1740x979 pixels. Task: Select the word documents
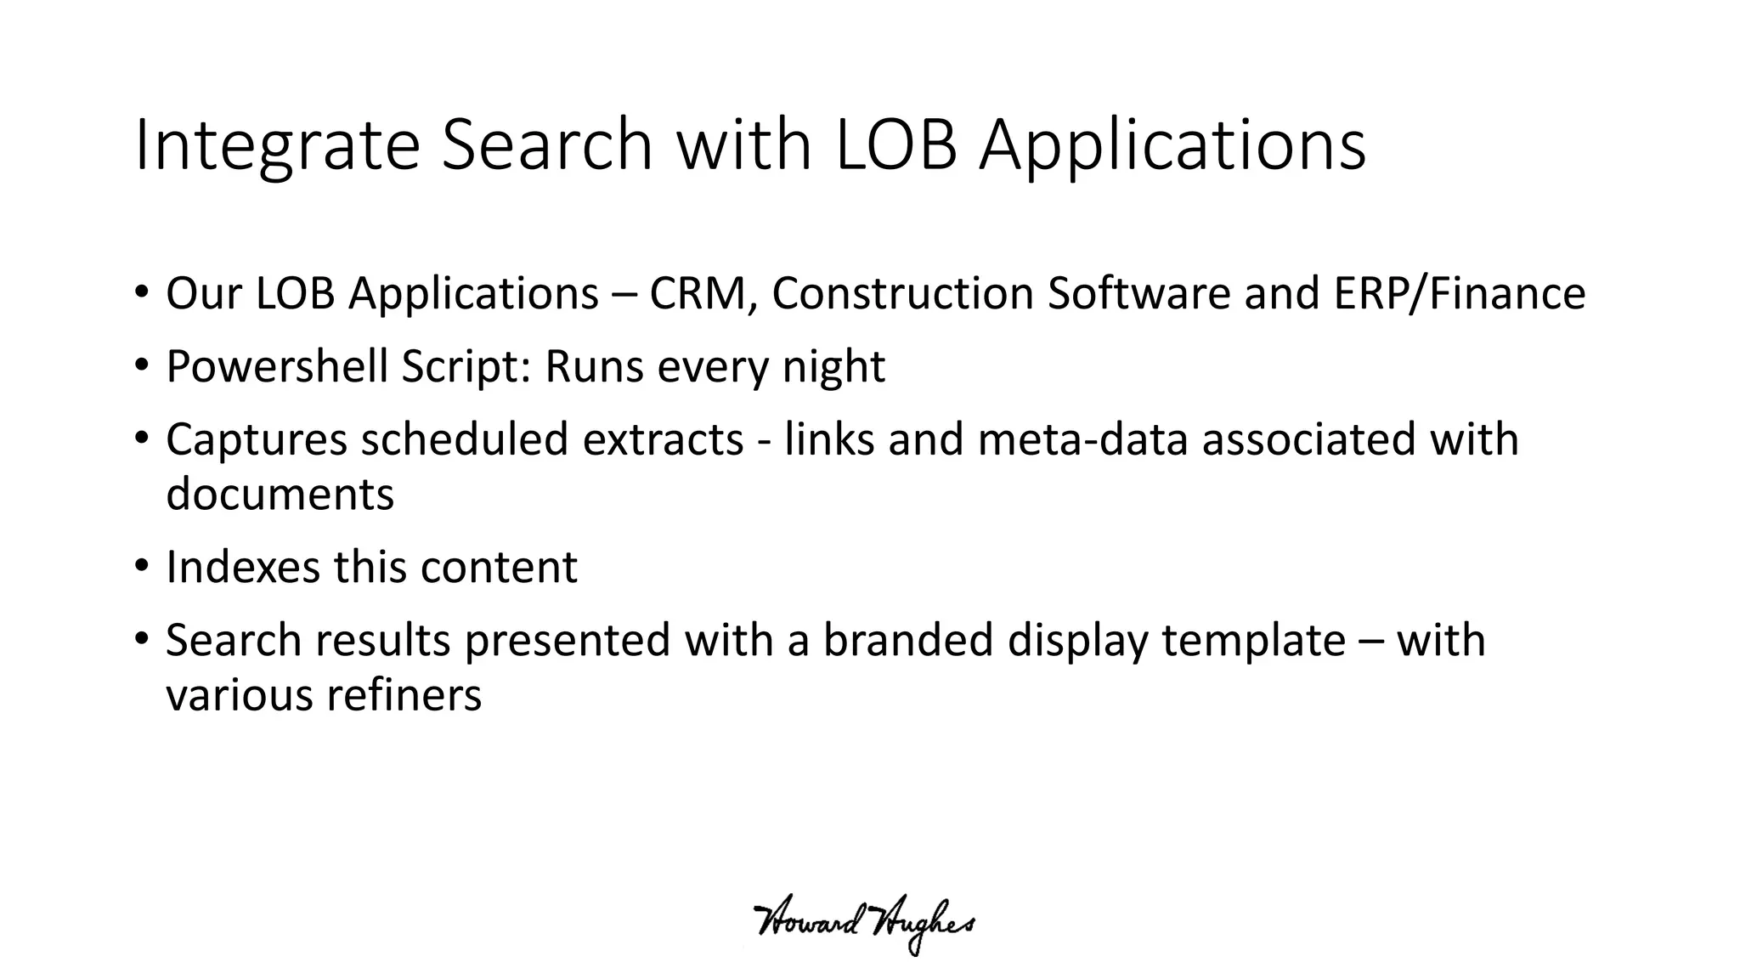tap(280, 495)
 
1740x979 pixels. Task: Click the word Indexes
tap(242, 568)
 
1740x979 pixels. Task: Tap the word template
tap(1253, 642)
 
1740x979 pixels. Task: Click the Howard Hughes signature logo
tap(864, 926)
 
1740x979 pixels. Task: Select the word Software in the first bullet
tap(1138, 294)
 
